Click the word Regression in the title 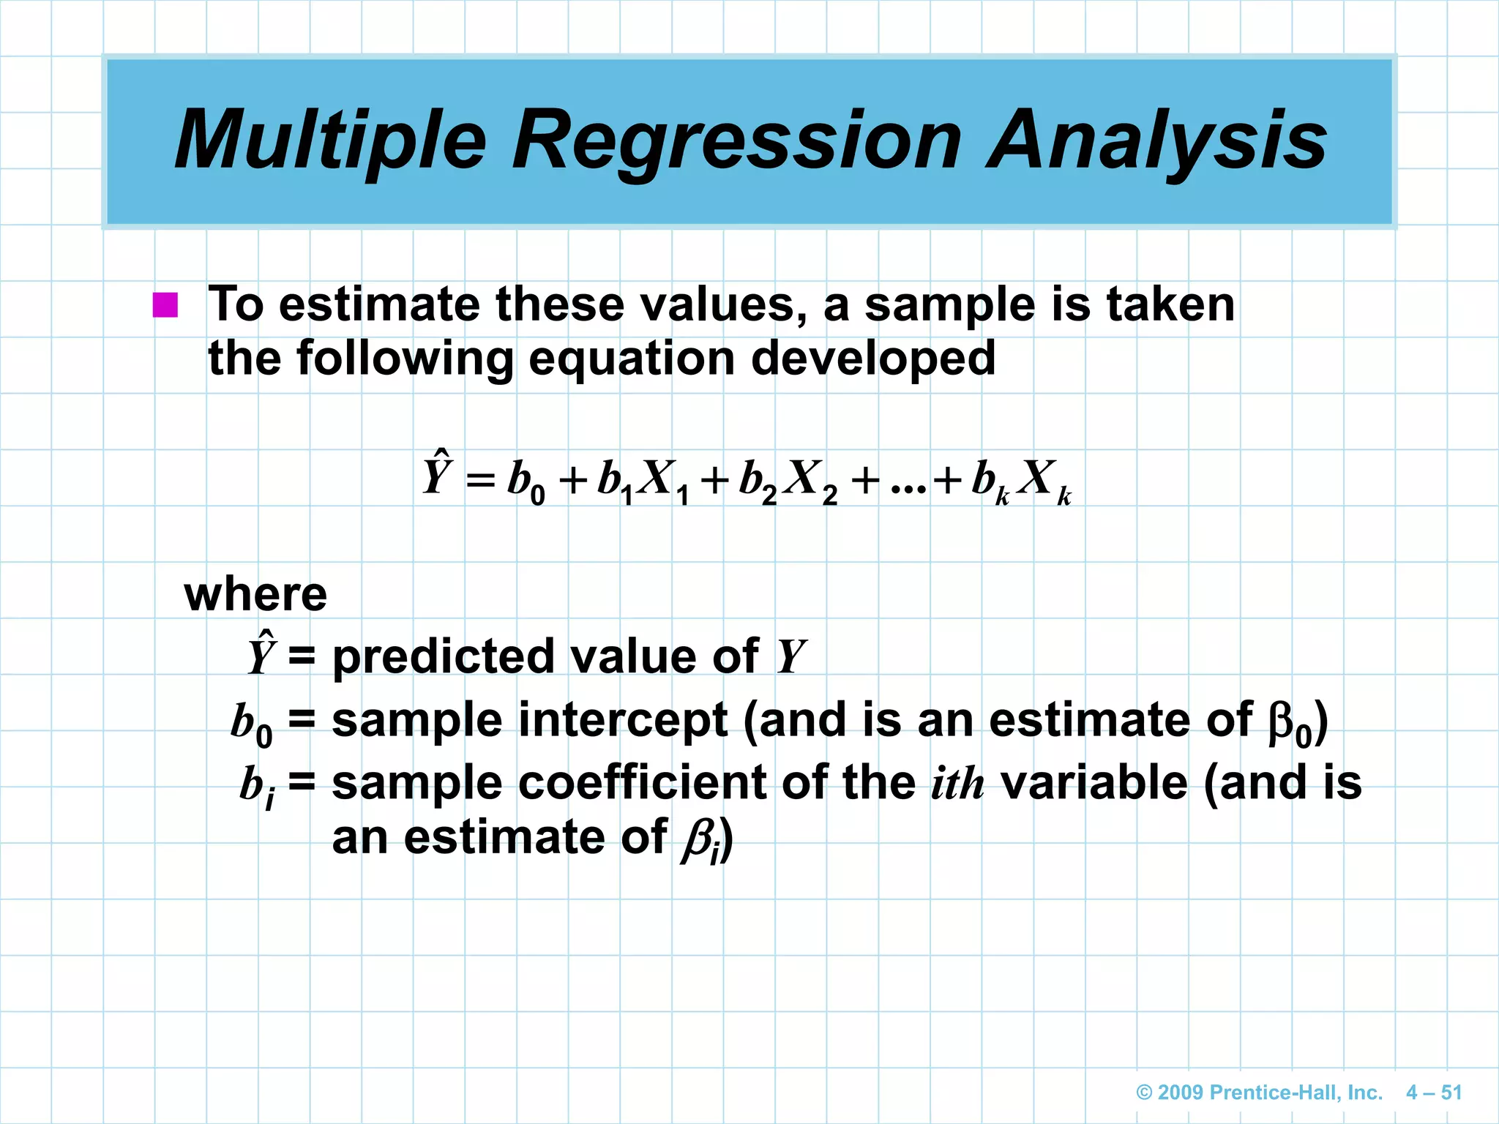click(736, 141)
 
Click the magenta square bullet click(165, 304)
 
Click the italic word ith click(957, 783)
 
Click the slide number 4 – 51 click(1433, 1093)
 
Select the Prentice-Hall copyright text click(1259, 1093)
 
